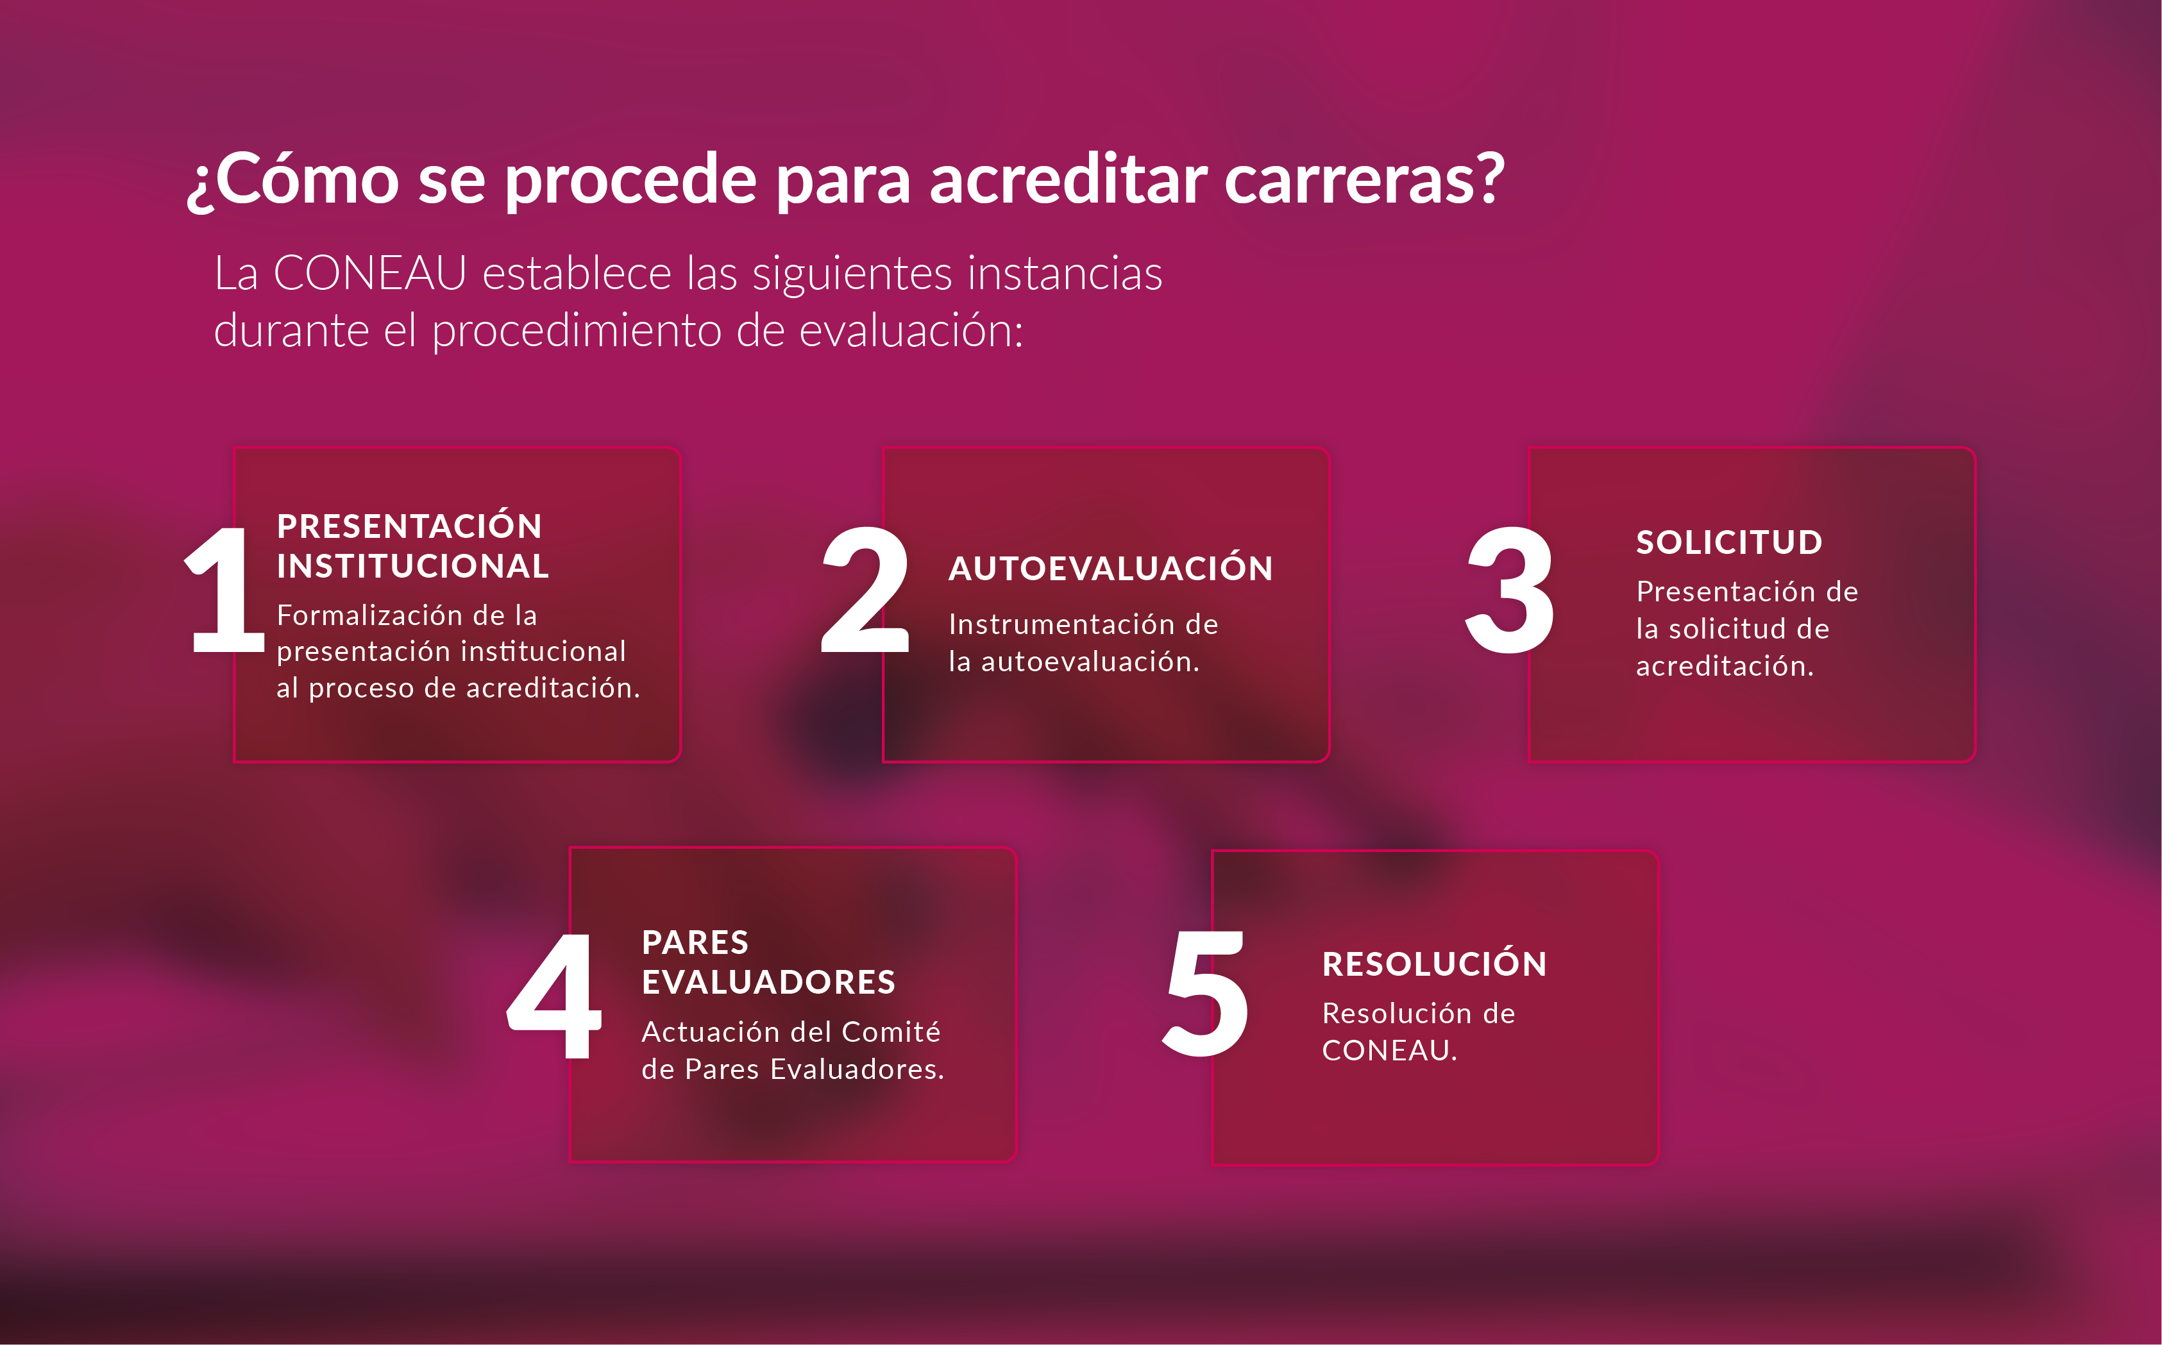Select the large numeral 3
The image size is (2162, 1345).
[1510, 589]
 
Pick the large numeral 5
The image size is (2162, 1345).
[1206, 994]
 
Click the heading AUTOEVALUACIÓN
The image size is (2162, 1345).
[1110, 569]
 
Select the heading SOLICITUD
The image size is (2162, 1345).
[1728, 542]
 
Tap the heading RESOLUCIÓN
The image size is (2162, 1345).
[1434, 964]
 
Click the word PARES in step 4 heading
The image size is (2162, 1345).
[695, 942]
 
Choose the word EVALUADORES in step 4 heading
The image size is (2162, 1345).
[768, 982]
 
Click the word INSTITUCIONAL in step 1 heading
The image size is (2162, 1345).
[412, 565]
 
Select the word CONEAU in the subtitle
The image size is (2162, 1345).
[369, 272]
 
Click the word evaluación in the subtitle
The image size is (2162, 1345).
[911, 330]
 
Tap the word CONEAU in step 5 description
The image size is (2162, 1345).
[1389, 1051]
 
